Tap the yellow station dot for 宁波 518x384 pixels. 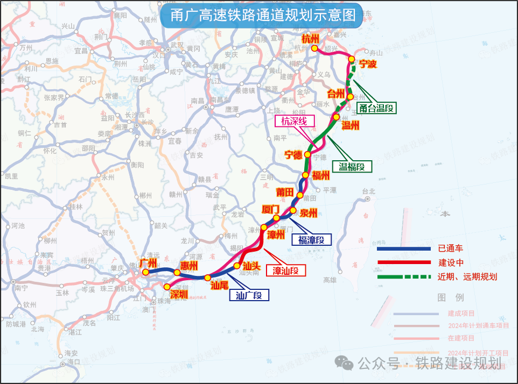click(351, 59)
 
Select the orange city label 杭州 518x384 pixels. click(310, 39)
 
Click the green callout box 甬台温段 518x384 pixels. click(376, 108)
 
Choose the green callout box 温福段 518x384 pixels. click(352, 167)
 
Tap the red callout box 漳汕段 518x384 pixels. click(285, 270)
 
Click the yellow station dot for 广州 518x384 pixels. click(145, 272)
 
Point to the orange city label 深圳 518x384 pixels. click(179, 294)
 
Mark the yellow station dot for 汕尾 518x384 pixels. click(208, 278)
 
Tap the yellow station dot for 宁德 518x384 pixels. click(307, 155)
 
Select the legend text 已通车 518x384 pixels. click(450, 248)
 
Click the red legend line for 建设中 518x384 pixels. click(404, 262)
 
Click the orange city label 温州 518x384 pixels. click(351, 126)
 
